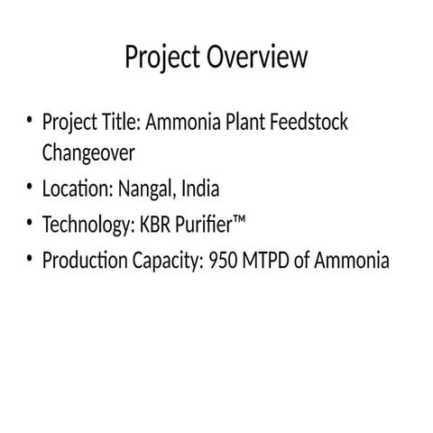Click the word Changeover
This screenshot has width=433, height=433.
click(88, 153)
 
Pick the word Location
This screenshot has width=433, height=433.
click(76, 189)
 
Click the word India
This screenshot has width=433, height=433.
click(200, 189)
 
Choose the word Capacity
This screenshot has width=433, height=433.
click(169, 262)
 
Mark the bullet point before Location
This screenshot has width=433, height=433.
click(30, 189)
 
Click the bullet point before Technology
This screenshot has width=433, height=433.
click(30, 225)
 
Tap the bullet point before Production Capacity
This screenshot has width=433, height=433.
click(30, 261)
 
